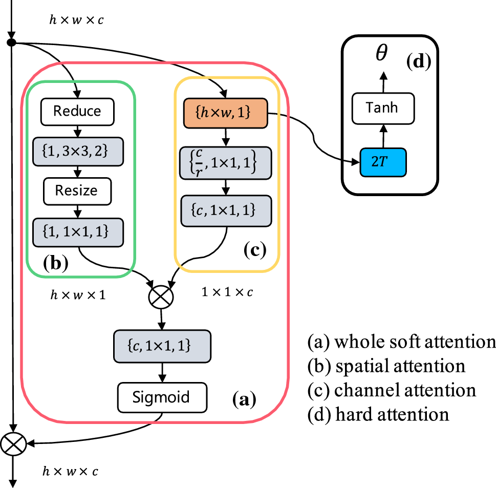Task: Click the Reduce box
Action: tap(77, 112)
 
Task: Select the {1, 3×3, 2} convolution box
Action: tap(78, 151)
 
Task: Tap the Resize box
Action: tap(77, 191)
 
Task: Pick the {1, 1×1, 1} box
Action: tap(78, 232)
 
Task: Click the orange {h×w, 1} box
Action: tap(226, 113)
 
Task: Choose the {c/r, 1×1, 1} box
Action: tap(226, 163)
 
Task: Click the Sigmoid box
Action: tap(162, 397)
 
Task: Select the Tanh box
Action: tap(383, 108)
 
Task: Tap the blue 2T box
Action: tap(383, 162)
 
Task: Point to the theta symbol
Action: tap(381, 52)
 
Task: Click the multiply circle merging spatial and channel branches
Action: tap(161, 296)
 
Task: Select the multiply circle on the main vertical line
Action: tap(13, 443)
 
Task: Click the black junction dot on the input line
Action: tap(11, 42)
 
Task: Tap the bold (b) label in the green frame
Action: tap(56, 263)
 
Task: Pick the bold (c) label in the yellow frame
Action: tap(255, 250)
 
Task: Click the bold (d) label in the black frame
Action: tap(419, 61)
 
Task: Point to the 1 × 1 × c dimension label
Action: tap(227, 292)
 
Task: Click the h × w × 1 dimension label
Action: tap(78, 295)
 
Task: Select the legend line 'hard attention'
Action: tap(378, 414)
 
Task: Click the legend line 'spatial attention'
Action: tap(386, 366)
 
